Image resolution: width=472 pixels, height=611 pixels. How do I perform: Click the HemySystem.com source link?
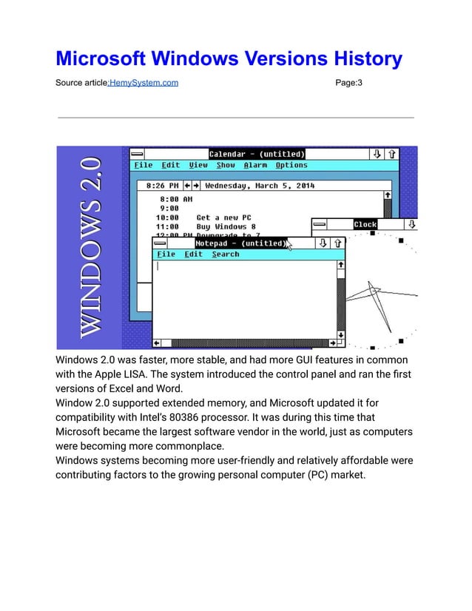tap(144, 82)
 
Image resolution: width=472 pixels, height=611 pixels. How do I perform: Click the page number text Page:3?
tap(348, 82)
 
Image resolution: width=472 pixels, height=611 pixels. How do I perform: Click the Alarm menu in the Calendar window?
tap(255, 166)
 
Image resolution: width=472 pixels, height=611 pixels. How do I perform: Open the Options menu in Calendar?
tap(291, 166)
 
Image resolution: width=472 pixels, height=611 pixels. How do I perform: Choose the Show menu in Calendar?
tap(226, 166)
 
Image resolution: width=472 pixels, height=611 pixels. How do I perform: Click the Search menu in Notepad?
tap(226, 254)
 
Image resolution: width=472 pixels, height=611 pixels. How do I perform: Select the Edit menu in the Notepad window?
tap(194, 254)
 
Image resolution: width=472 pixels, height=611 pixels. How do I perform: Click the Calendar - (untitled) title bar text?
tap(257, 155)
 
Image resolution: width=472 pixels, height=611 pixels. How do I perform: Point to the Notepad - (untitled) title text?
tap(240, 243)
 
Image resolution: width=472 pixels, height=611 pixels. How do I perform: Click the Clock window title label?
tap(365, 224)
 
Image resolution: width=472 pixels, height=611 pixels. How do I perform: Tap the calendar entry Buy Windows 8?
tap(226, 226)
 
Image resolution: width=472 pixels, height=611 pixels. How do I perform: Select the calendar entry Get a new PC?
tap(223, 217)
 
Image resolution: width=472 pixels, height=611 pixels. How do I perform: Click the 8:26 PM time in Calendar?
tap(162, 186)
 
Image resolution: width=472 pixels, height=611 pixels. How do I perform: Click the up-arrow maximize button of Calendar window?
tap(392, 155)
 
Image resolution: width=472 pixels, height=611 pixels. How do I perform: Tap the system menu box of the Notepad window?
tap(161, 243)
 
